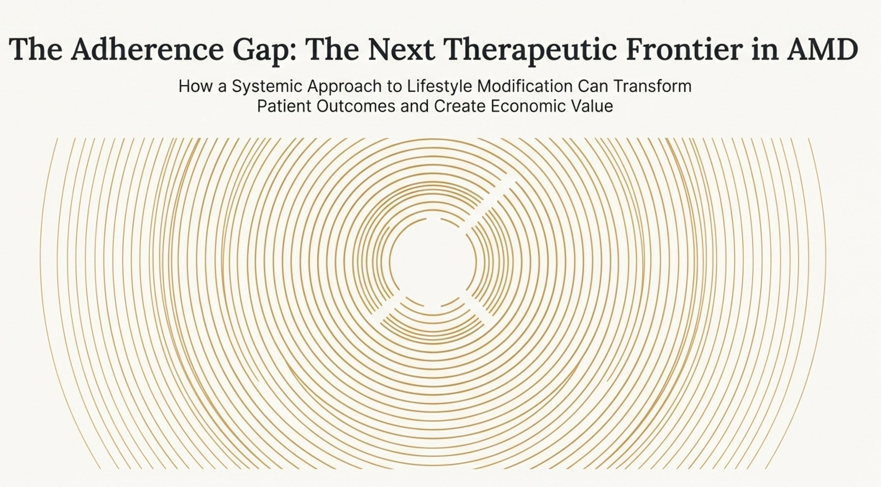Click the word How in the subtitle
194,86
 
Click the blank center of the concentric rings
433,262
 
